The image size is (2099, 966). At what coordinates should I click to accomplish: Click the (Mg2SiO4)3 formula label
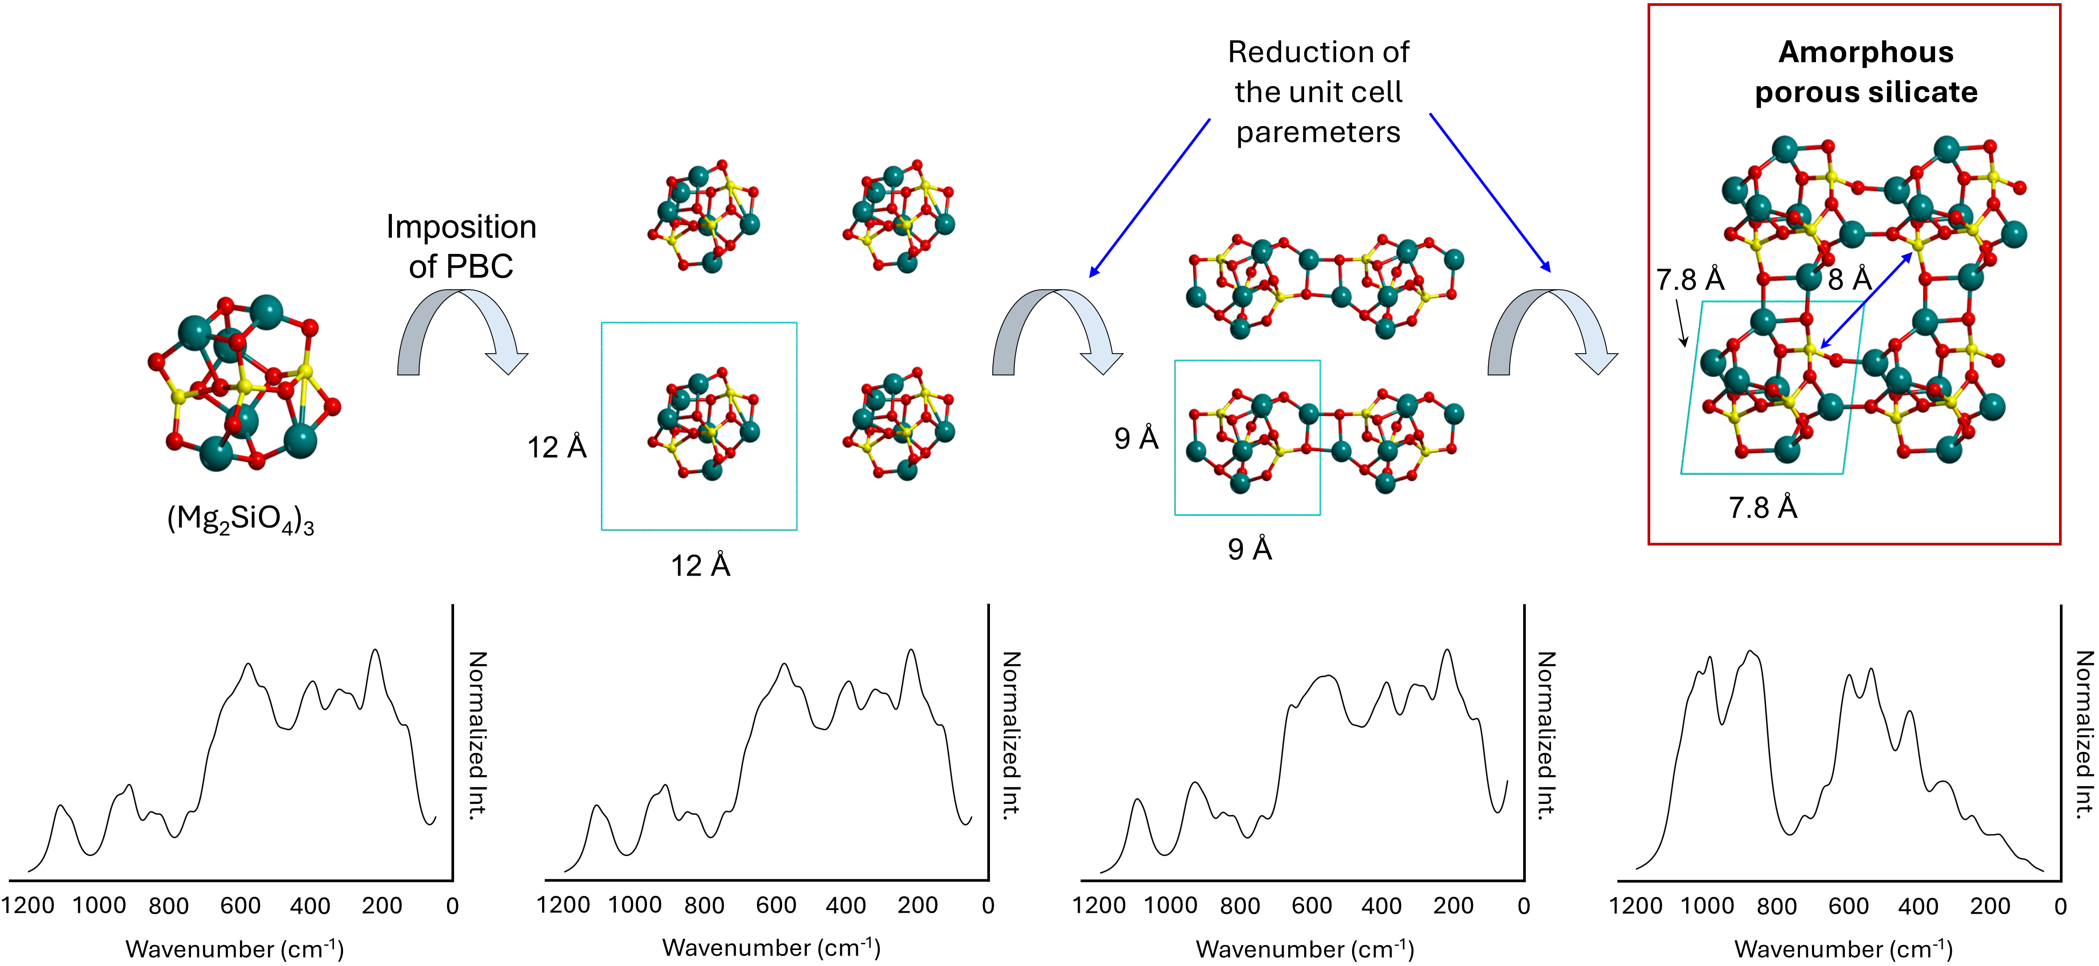click(x=240, y=519)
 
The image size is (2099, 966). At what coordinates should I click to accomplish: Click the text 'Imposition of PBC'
click(x=461, y=246)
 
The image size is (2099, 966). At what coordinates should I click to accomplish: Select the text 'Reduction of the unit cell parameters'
click(x=1318, y=92)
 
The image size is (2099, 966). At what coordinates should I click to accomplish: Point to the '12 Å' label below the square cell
click(x=700, y=565)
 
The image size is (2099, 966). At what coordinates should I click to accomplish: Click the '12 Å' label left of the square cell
click(x=557, y=447)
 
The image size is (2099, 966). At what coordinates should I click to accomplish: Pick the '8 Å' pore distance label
click(x=1850, y=279)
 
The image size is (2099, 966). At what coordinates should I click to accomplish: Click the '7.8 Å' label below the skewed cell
click(x=1763, y=508)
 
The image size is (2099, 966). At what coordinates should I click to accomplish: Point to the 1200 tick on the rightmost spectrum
click(x=1636, y=906)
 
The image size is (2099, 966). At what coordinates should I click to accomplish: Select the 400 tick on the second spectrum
click(x=846, y=906)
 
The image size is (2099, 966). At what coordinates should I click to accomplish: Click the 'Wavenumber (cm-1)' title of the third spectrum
click(x=1305, y=949)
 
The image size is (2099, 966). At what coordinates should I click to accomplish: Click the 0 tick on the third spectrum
click(x=1524, y=906)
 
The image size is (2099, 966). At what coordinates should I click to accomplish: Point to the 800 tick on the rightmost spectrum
click(x=1777, y=906)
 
